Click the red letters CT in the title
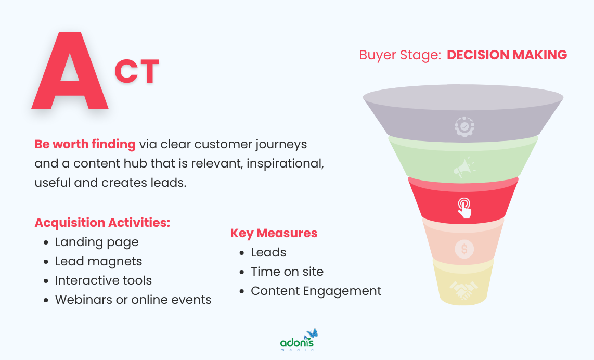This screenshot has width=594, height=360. (x=136, y=72)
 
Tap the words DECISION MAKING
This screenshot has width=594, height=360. (x=507, y=55)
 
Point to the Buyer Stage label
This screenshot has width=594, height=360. (x=400, y=55)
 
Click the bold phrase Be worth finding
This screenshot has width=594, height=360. (x=85, y=144)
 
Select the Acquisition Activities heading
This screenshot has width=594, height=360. (x=102, y=223)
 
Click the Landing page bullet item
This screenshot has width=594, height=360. (x=97, y=242)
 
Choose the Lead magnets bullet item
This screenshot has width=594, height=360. (x=98, y=261)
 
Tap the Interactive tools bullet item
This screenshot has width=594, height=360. (x=104, y=280)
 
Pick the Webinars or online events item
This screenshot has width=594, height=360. (x=133, y=300)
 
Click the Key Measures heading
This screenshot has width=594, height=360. (x=274, y=233)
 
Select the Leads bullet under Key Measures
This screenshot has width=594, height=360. (x=268, y=252)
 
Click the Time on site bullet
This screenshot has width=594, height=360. (x=287, y=272)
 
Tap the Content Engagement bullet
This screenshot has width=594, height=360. (x=316, y=291)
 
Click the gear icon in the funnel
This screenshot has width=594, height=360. (x=464, y=127)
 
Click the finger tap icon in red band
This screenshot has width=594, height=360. (x=464, y=208)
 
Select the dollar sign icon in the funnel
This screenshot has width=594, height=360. (x=464, y=249)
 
